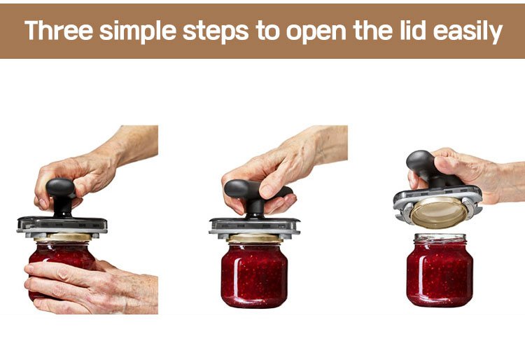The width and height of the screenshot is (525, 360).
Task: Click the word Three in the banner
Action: [x=59, y=30]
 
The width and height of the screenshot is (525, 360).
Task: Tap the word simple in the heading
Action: [x=138, y=32]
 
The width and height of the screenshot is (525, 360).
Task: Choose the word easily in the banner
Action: [x=468, y=32]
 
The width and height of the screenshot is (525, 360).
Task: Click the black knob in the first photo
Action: [x=62, y=197]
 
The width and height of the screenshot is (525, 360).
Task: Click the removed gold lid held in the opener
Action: [x=439, y=212]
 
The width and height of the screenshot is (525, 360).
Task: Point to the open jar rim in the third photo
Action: [x=440, y=237]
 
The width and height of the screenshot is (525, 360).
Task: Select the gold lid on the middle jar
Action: [x=255, y=238]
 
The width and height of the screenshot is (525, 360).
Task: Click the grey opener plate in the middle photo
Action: [x=255, y=226]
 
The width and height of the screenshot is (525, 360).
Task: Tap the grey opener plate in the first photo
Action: [x=62, y=225]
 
